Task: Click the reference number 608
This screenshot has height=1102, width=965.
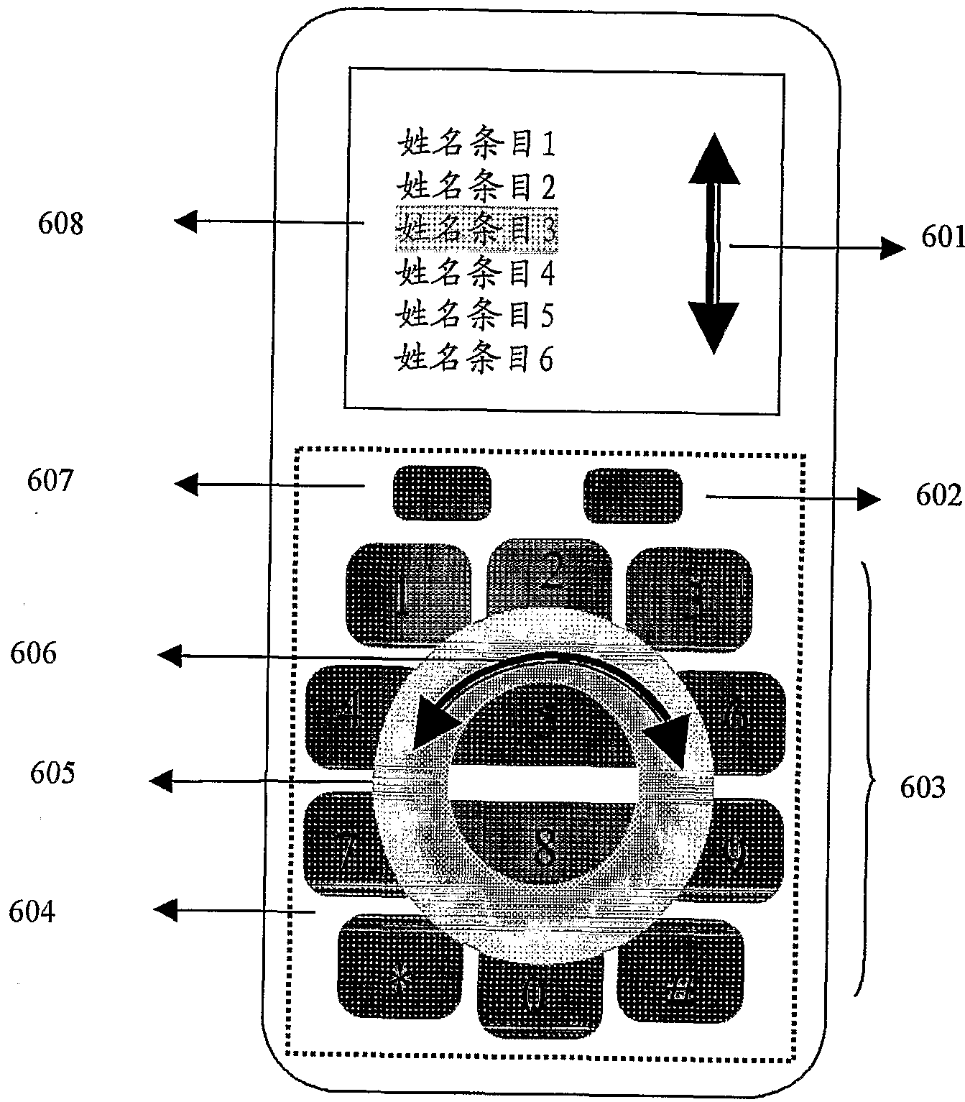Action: (x=60, y=224)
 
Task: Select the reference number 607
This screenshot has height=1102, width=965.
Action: (x=50, y=479)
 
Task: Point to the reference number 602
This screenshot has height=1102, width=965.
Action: (x=938, y=496)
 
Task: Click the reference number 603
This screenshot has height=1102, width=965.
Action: (x=923, y=788)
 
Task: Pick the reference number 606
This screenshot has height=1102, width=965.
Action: (x=33, y=653)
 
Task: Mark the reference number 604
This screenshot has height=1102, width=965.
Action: (x=32, y=912)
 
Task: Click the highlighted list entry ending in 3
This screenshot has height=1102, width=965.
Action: (x=476, y=229)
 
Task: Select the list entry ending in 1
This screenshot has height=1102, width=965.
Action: (x=476, y=144)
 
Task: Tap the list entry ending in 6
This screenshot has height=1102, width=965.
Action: (x=475, y=357)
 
